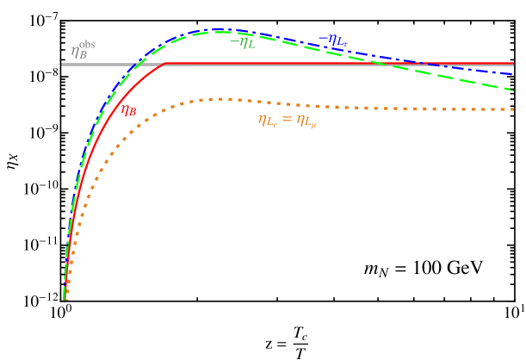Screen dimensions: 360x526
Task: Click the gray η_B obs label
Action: (83, 50)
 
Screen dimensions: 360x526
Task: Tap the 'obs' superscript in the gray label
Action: (88, 45)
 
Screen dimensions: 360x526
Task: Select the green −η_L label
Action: (242, 42)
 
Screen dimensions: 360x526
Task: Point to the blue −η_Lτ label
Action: (332, 40)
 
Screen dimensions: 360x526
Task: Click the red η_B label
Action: (128, 110)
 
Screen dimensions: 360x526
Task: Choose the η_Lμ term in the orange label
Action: (306, 121)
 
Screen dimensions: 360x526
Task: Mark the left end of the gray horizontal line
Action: (62, 65)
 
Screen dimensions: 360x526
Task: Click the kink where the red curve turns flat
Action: (164, 64)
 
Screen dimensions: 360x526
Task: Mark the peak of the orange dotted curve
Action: (220, 99)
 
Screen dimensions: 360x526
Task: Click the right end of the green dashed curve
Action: (513, 89)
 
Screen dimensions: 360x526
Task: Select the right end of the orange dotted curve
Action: (513, 109)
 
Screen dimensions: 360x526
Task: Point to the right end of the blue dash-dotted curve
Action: (513, 74)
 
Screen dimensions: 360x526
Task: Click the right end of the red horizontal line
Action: (513, 64)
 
